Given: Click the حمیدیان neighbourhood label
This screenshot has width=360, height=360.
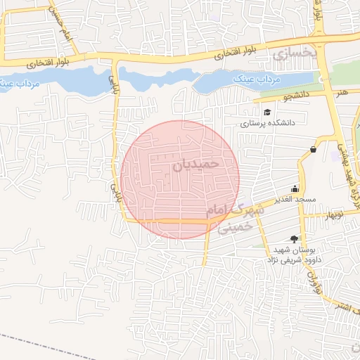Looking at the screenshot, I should (x=196, y=165).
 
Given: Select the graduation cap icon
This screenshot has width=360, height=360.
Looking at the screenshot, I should (x=266, y=112).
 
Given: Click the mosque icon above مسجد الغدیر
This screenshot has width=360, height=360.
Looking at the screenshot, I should (x=295, y=188).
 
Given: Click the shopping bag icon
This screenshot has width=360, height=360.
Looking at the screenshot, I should (x=312, y=148).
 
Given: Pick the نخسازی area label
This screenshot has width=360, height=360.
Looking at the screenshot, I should (x=295, y=53).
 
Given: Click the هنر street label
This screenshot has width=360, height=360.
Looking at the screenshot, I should (x=342, y=92).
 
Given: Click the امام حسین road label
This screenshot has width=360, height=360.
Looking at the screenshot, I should (x=61, y=25).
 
